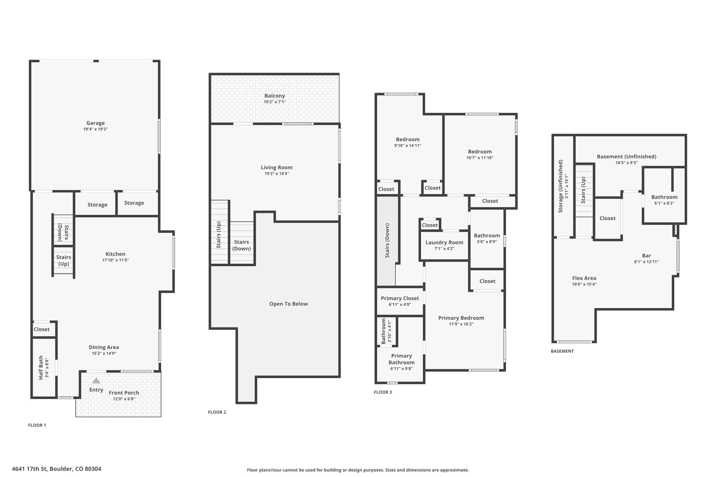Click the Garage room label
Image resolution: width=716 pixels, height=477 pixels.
click(95, 123)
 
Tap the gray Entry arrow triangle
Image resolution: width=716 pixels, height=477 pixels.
click(96, 381)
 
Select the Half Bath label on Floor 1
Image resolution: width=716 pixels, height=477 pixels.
click(41, 368)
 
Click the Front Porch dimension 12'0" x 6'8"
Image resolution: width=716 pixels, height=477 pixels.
click(124, 399)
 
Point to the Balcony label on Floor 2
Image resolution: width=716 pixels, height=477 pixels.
click(274, 96)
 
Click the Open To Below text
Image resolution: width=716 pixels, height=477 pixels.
click(288, 304)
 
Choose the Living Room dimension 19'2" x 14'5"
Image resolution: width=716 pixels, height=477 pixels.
click(277, 174)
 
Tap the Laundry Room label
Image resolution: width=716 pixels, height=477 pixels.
click(444, 243)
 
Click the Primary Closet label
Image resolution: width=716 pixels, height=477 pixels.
click(400, 298)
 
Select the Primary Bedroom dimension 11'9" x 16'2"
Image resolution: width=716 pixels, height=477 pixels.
click(461, 324)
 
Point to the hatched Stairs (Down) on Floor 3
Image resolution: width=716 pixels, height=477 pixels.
click(387, 241)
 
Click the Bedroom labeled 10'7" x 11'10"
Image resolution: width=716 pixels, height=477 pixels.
click(480, 152)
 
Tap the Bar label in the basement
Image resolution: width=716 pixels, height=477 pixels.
click(646, 255)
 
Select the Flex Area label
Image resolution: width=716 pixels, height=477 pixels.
click(584, 278)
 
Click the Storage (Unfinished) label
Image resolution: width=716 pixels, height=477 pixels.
click(560, 186)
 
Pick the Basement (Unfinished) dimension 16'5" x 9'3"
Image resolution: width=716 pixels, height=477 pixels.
click(626, 163)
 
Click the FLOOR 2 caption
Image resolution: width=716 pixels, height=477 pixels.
click(217, 412)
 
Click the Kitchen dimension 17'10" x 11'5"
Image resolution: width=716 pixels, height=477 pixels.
click(115, 260)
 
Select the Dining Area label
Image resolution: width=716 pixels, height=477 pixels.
click(104, 347)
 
